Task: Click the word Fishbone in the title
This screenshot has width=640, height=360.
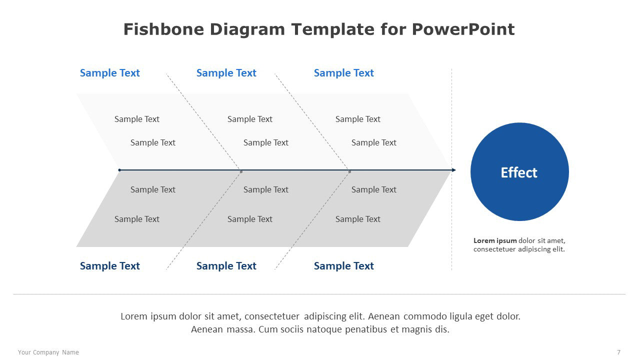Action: pos(163,29)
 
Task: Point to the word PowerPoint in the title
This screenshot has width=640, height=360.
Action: pos(463,29)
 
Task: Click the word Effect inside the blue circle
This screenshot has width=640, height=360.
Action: pos(519,172)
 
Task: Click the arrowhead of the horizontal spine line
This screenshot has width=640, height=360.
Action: pos(454,170)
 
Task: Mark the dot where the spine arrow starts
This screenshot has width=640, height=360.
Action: pos(119,170)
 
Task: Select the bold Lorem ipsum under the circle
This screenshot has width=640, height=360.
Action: pos(495,240)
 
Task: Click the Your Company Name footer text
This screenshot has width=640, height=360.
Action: pos(48,352)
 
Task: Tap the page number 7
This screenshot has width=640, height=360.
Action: pos(618,352)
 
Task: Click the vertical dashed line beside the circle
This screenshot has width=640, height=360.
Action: pos(451,169)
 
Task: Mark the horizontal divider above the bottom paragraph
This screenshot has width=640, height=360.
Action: pos(319,294)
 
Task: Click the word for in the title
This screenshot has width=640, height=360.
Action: pos(393,29)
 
